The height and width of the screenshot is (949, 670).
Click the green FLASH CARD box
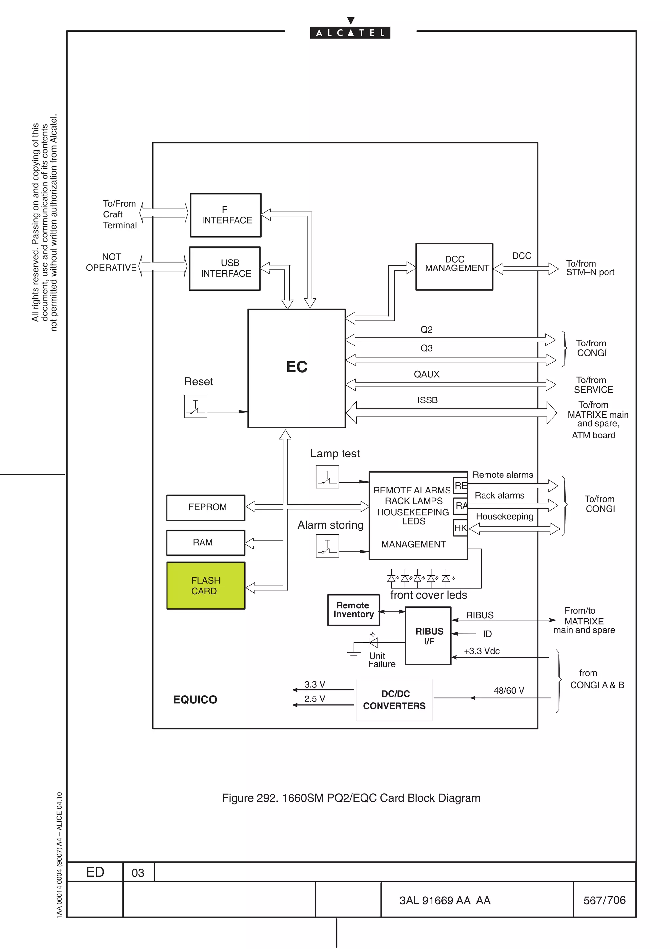pos(205,585)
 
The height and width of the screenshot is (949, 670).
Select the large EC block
pos(296,368)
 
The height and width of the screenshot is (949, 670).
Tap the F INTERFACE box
pos(226,215)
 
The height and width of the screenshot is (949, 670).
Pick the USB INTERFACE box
pos(225,268)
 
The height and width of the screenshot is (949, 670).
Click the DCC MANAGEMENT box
pos(454,267)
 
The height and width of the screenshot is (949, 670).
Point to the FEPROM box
pos(205,507)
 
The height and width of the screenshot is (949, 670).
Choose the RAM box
pos(205,542)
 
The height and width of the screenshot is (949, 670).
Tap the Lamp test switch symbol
pos(327,476)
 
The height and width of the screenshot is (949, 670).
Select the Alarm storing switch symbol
pos(327,546)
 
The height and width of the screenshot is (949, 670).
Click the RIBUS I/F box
pos(428,636)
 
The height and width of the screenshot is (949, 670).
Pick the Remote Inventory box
pos(353,610)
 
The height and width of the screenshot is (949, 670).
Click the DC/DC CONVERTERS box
pos(394,700)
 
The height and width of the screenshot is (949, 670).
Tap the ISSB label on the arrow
pos(427,400)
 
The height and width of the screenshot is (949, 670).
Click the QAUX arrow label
pos(427,374)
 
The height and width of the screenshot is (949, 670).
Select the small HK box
pos(460,528)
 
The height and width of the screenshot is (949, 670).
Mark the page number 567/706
pos(604,900)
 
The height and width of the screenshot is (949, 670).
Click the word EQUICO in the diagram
pos(195,699)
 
